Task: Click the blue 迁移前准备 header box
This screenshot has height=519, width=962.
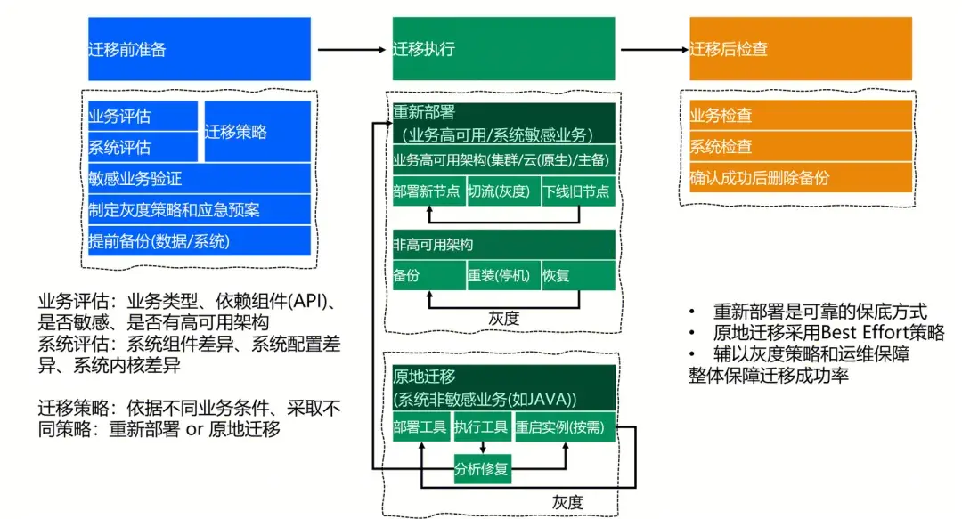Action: pos(200,48)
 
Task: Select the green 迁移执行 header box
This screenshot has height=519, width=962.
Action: pos(503,48)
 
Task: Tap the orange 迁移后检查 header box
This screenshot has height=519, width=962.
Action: pos(801,48)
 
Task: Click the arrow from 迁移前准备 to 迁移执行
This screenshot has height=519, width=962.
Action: pos(352,49)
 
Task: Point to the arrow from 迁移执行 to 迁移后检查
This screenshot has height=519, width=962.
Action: pos(655,49)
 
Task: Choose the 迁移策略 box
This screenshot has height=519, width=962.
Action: pos(257,131)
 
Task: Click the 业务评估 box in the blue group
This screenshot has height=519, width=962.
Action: pos(143,116)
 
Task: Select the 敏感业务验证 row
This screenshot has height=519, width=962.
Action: pos(200,179)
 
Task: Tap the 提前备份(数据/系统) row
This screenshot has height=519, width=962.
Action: pos(200,241)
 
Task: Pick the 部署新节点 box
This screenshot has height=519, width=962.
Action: pos(428,191)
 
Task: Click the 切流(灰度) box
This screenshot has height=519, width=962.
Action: pos(503,191)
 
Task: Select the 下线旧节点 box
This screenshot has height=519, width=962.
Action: pos(579,191)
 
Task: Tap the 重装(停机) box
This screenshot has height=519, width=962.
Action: pos(503,275)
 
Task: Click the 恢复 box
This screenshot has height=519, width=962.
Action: pos(579,275)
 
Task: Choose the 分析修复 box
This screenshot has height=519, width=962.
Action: pos(482,469)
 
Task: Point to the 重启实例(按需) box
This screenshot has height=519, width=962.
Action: pos(565,427)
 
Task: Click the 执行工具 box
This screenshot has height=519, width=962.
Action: pos(482,427)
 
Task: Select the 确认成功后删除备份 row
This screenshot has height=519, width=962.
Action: pos(801,178)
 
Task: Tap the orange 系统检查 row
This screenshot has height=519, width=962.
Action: pos(801,147)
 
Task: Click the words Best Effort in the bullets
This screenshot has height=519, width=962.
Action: pos(864,333)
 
